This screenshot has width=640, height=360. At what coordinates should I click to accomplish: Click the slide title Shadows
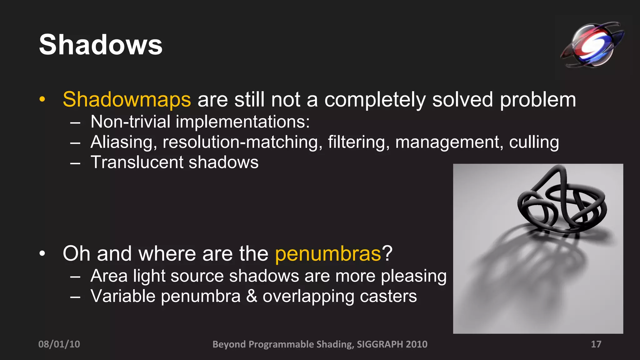pyautogui.click(x=101, y=45)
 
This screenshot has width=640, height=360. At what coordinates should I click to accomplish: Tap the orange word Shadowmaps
pyautogui.click(x=127, y=100)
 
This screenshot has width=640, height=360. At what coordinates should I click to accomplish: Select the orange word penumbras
pyautogui.click(x=328, y=254)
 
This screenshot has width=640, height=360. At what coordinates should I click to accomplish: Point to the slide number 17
pyautogui.click(x=596, y=344)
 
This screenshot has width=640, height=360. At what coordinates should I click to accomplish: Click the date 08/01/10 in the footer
pyautogui.click(x=59, y=344)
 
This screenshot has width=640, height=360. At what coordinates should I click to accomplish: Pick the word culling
pyautogui.click(x=534, y=142)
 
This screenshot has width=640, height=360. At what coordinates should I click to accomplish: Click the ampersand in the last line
pyautogui.click(x=252, y=296)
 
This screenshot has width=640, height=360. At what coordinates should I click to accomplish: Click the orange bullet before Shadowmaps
pyautogui.click(x=42, y=99)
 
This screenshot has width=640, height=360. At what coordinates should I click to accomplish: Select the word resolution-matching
pyautogui.click(x=242, y=142)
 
